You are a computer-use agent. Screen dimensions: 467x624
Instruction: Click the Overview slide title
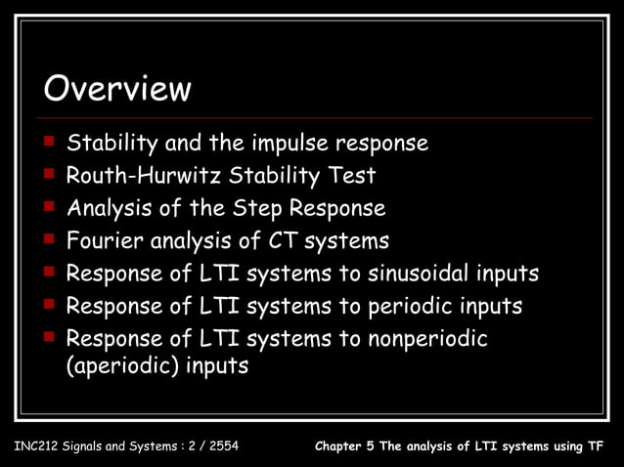[x=116, y=90]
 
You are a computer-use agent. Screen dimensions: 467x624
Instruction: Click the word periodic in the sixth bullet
[x=415, y=306]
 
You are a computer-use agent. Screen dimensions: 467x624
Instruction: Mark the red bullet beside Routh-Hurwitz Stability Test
[x=48, y=176]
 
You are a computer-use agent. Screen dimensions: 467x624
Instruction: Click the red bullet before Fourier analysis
[x=48, y=239]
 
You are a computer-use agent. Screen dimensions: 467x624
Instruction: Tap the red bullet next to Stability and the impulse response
[x=48, y=144]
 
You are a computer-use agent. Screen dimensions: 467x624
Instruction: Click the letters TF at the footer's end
[x=596, y=448]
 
